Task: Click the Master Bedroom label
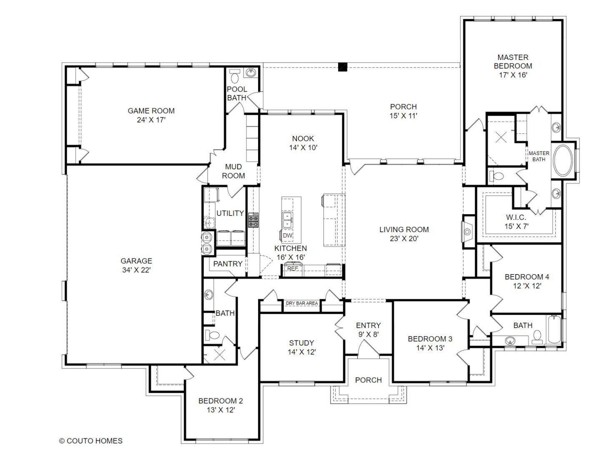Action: (513, 62)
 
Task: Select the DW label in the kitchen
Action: (288, 235)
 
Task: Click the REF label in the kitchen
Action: (293, 269)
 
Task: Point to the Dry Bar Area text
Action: (302, 303)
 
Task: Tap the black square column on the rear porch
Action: (342, 67)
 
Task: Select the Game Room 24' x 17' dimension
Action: (151, 120)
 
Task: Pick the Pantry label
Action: (228, 264)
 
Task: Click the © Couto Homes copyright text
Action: (91, 441)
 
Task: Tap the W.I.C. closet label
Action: (516, 217)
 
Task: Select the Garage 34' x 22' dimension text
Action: (136, 270)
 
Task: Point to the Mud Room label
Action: (233, 171)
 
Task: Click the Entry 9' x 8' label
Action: (368, 330)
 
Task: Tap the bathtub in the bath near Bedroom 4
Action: (553, 330)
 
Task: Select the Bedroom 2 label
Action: (220, 401)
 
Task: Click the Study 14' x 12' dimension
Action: (301, 352)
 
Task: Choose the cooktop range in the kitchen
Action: (253, 220)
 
